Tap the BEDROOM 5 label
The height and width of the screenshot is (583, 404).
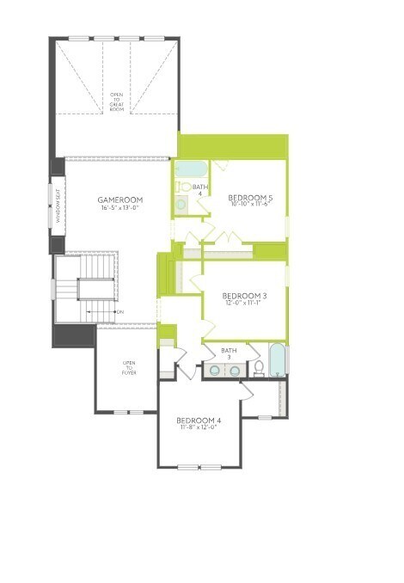pyautogui.click(x=249, y=198)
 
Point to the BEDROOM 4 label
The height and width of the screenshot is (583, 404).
pyautogui.click(x=199, y=420)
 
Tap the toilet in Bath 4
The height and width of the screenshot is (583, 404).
pyautogui.click(x=183, y=186)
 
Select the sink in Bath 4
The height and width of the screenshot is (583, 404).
pyautogui.click(x=181, y=205)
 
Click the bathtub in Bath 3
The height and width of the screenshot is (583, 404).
pyautogui.click(x=277, y=360)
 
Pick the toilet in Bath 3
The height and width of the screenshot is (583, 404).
pyautogui.click(x=258, y=368)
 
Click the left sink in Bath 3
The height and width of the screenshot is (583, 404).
pyautogui.click(x=215, y=371)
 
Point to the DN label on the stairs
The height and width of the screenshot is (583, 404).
pyautogui.click(x=119, y=311)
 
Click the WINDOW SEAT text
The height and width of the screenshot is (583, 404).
pyautogui.click(x=58, y=206)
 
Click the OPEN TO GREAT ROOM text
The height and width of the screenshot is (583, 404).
pyautogui.click(x=117, y=101)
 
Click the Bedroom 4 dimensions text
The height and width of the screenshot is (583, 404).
pyautogui.click(x=199, y=427)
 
